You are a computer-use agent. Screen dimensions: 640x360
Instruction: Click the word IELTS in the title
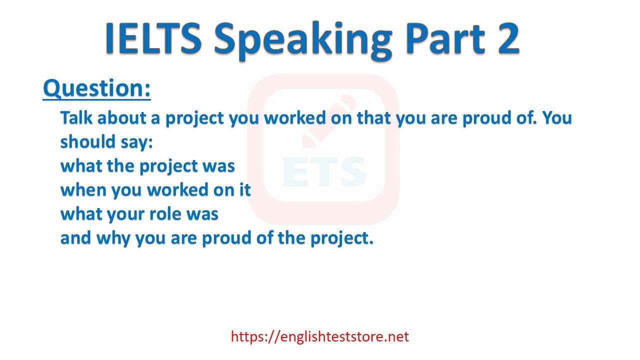pos(153,38)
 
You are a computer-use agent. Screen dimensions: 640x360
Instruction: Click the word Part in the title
pos(445,38)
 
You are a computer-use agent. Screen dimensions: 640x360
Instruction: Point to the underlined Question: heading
pos(97,88)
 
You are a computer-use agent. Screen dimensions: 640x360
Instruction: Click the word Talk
pos(76,117)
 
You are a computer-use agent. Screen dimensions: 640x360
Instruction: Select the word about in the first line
pos(122,117)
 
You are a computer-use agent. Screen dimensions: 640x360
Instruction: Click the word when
pos(83,189)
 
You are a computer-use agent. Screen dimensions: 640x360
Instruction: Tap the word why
pos(113,238)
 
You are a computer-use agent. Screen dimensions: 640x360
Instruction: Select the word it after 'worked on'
pos(245,189)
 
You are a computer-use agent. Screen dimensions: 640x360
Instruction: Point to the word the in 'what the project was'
pos(120,165)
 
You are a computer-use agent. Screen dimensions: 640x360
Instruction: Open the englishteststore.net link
pos(319,336)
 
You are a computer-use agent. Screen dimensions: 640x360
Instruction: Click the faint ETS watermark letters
pos(324,171)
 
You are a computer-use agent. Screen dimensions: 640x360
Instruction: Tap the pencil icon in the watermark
pos(329,121)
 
